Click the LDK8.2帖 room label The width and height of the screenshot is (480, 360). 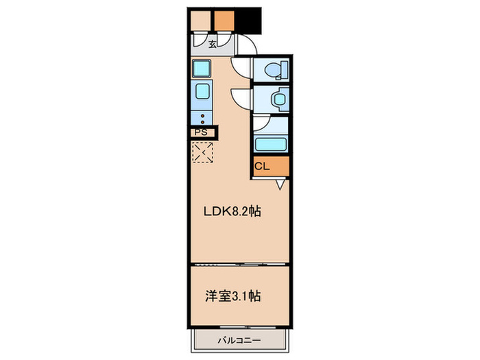coord(231,211)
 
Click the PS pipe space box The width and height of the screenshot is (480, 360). coord(202,132)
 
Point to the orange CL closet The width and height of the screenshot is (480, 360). coord(270,167)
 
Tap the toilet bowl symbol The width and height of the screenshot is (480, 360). coord(274,69)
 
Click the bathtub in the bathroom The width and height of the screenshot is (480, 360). coord(269,145)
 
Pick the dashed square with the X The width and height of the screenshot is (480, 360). coord(203,152)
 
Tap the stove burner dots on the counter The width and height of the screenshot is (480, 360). coord(203,119)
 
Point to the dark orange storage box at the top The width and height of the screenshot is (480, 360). coord(224,21)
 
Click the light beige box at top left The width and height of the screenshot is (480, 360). coord(200,21)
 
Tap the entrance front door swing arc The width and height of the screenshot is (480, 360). coord(245,47)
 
